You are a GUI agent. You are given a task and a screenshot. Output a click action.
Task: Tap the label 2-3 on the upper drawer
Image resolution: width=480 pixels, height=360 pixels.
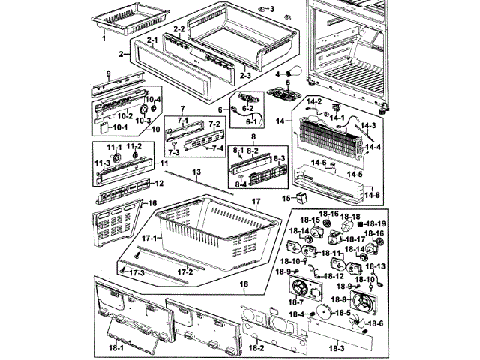246,75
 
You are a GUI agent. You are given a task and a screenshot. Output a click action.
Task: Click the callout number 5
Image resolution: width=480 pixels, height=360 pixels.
286,82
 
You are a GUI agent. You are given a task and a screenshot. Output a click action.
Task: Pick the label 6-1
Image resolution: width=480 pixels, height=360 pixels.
251,122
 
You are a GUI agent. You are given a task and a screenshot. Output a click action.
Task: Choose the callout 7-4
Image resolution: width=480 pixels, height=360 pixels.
217,148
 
